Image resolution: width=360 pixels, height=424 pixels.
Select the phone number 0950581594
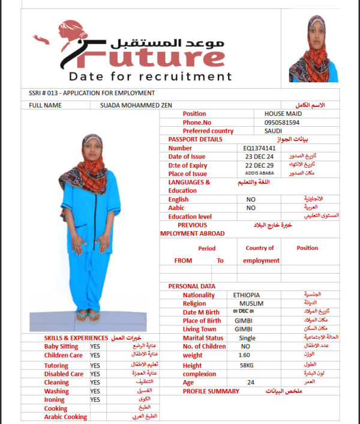(x=281, y=122)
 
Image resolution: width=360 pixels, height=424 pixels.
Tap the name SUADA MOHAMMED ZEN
(x=136, y=105)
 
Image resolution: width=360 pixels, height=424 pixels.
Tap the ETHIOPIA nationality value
(x=246, y=295)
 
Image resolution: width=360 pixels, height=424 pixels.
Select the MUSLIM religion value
(x=247, y=304)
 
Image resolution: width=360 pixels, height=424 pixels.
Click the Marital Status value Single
(x=247, y=338)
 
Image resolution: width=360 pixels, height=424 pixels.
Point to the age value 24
(x=250, y=382)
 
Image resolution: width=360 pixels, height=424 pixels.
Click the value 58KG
(x=247, y=365)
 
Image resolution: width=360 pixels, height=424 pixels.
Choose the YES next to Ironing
(x=95, y=399)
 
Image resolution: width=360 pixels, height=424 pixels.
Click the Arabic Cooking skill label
(x=65, y=417)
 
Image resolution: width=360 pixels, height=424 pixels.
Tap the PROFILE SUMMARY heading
(x=211, y=391)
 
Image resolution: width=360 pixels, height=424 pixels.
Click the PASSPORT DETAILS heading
(x=195, y=139)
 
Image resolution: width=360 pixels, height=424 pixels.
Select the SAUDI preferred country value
(x=273, y=131)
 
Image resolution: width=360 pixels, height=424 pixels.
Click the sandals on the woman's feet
(x=88, y=317)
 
